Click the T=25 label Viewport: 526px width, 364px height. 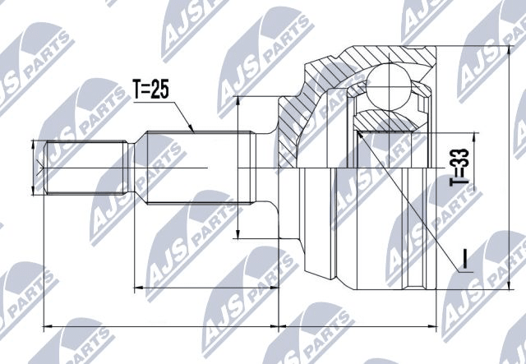click(x=150, y=89)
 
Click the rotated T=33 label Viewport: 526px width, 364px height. click(x=459, y=167)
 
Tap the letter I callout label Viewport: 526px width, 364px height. click(x=464, y=259)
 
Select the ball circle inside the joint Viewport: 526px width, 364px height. click(x=389, y=87)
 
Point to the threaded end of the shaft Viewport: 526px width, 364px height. click(x=86, y=168)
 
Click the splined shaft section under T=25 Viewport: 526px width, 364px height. click(x=201, y=168)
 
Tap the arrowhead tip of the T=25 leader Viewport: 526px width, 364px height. click(x=194, y=131)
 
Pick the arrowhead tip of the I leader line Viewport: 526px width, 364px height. click(x=358, y=131)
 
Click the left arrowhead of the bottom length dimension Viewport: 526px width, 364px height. click(x=44, y=325)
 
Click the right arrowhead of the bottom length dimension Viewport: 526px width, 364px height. click(x=436, y=325)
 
